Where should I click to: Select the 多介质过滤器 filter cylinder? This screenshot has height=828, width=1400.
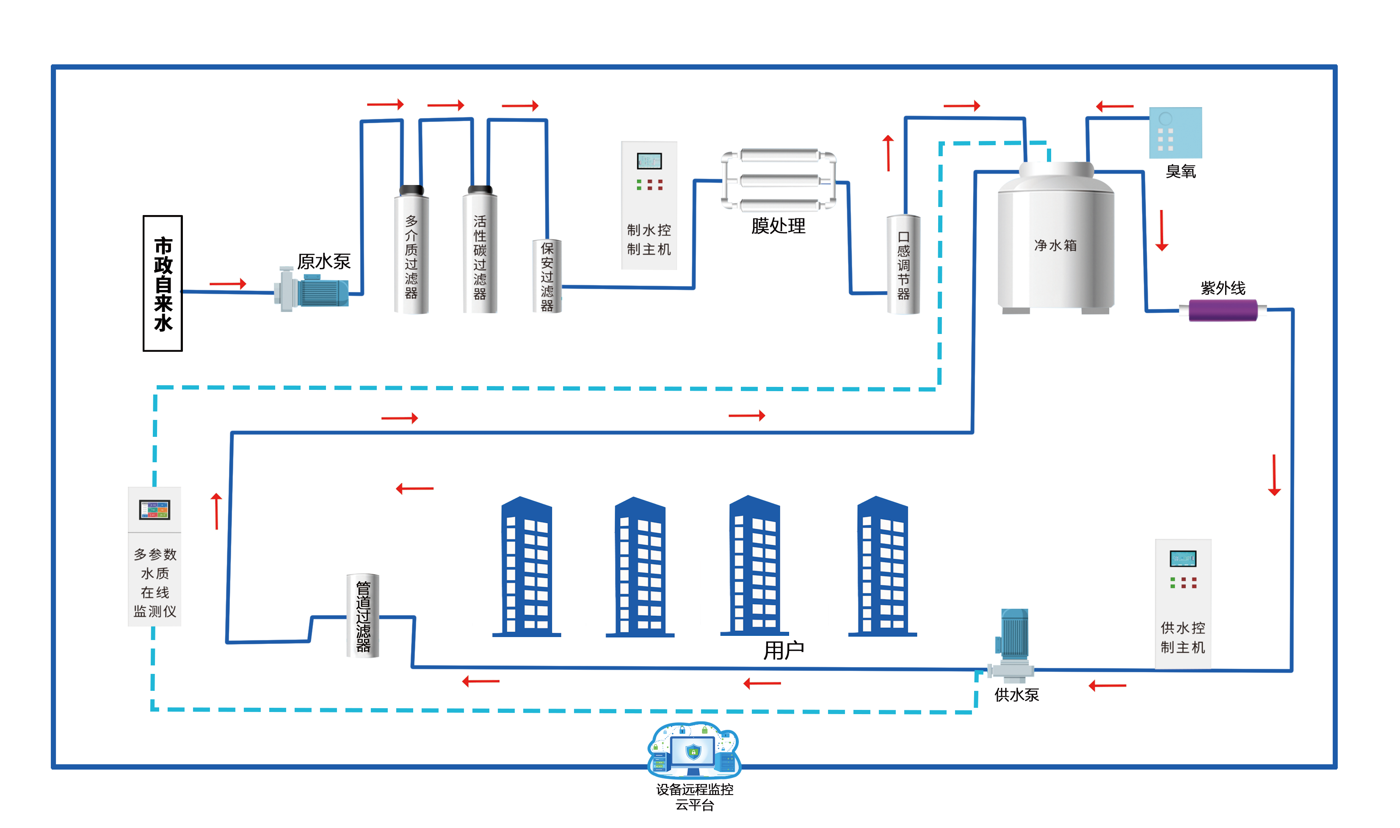point(411,251)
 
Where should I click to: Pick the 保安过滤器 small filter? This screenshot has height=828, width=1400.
point(547,276)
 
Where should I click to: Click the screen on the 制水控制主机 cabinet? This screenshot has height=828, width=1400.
point(649,161)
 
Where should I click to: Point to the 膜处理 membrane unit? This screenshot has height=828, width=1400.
point(779,181)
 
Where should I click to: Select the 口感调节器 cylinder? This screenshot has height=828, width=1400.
point(903,265)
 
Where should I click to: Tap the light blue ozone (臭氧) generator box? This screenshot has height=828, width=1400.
point(1175,133)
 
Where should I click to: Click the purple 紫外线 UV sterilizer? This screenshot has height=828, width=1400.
point(1222,310)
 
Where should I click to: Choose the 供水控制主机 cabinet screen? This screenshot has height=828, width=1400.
point(1182,558)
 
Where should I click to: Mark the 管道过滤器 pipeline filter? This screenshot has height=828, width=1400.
point(363,615)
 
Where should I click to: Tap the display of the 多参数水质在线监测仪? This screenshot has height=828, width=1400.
point(155,509)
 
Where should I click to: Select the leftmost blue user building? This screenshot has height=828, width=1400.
point(526,566)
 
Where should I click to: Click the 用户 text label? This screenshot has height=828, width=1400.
point(784,651)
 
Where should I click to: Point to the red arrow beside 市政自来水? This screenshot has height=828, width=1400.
point(228,284)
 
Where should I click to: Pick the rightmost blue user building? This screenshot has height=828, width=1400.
point(882,566)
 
